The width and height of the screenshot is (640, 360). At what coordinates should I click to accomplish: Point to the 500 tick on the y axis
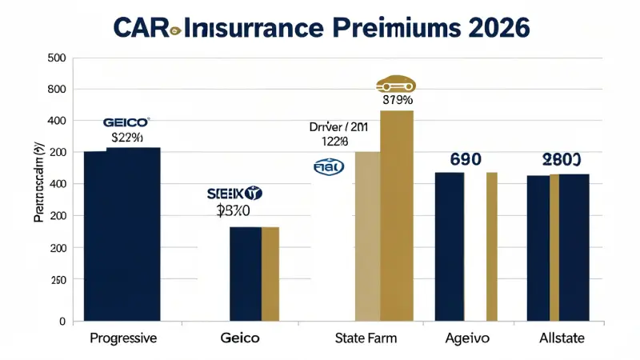(56, 58)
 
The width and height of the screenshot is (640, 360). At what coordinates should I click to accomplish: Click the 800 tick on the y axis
(56, 90)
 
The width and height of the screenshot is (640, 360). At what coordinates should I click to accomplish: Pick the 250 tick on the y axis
(56, 280)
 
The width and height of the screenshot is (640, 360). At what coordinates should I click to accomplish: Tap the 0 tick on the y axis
(61, 322)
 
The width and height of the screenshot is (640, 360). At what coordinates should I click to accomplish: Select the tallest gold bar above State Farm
(397, 216)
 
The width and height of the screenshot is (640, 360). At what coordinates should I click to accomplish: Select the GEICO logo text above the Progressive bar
(126, 122)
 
